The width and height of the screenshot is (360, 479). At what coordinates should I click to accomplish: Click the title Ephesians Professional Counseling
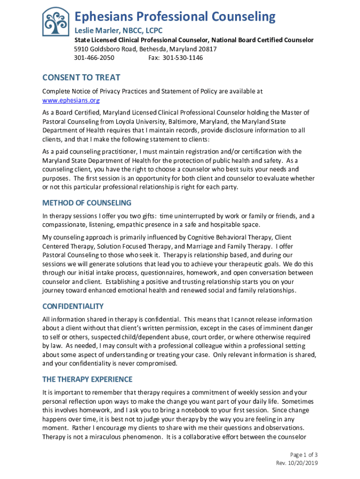coord(175,17)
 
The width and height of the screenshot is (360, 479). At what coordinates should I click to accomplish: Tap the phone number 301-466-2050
coord(94,58)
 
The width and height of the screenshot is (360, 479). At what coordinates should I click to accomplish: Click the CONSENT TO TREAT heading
coord(81,78)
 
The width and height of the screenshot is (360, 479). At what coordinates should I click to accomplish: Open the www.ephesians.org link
coord(71,100)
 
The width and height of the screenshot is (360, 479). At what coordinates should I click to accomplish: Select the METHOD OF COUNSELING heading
coord(87,203)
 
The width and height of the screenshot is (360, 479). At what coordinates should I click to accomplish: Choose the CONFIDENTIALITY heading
coord(73,306)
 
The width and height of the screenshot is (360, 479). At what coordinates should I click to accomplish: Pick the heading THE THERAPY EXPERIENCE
coord(87,379)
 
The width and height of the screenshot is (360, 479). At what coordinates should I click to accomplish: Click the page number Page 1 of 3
coord(304,455)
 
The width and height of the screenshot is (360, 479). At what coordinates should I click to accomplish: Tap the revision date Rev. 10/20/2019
coord(297,463)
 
